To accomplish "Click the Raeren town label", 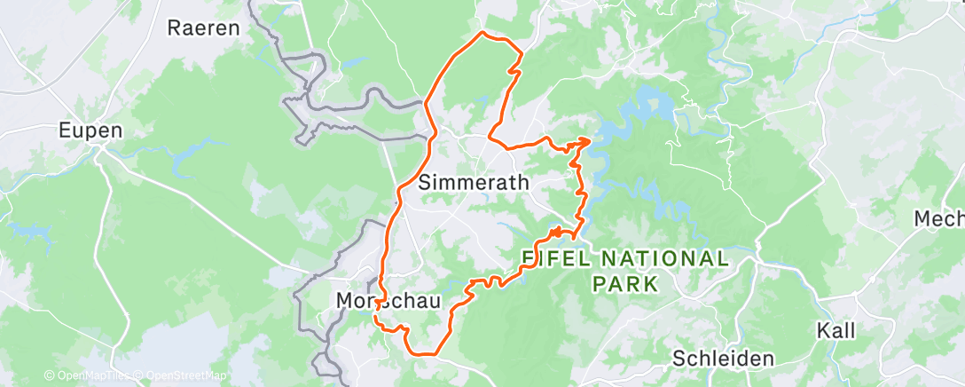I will point(204,28).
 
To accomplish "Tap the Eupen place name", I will point(90,130).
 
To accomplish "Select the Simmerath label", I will point(473,183).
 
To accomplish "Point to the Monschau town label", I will point(388,302).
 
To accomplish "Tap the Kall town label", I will point(836,331).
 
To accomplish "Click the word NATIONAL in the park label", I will point(665,259).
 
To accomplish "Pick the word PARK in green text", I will point(627,285).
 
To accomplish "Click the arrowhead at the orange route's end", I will point(585,140).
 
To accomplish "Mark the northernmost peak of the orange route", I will point(482,33).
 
